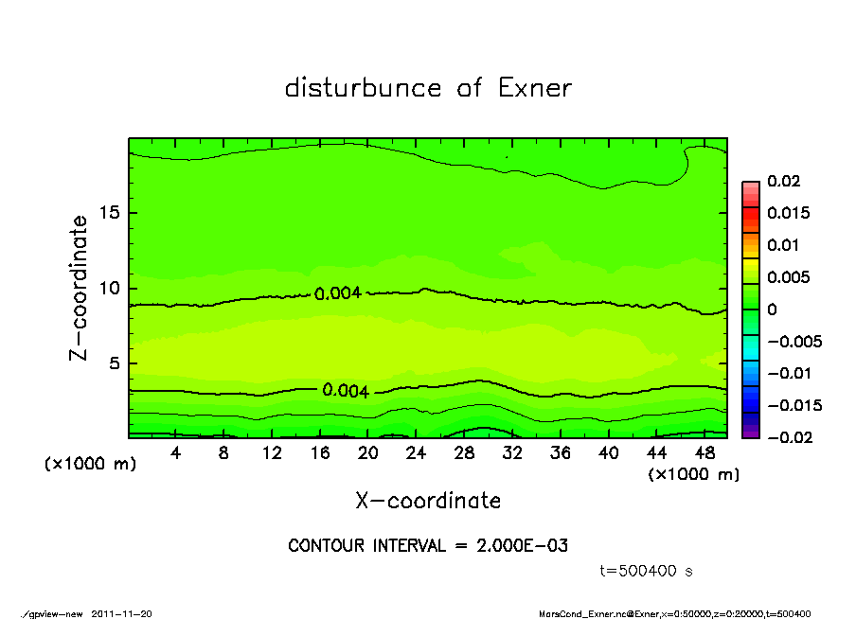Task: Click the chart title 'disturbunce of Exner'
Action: (428, 88)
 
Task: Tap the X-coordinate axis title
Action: (428, 501)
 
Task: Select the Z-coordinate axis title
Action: (80, 288)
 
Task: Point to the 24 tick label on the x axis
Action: (417, 453)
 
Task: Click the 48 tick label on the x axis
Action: (704, 453)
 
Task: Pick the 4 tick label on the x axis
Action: (176, 453)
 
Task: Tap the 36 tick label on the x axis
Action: (561, 453)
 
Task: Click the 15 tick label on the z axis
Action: (110, 213)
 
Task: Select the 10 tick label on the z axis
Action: (110, 288)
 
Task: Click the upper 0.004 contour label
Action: (338, 293)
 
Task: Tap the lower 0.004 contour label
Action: (346, 391)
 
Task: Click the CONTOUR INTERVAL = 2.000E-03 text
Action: (428, 545)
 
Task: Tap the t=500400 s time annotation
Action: (648, 571)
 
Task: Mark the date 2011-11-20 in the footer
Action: (121, 613)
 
